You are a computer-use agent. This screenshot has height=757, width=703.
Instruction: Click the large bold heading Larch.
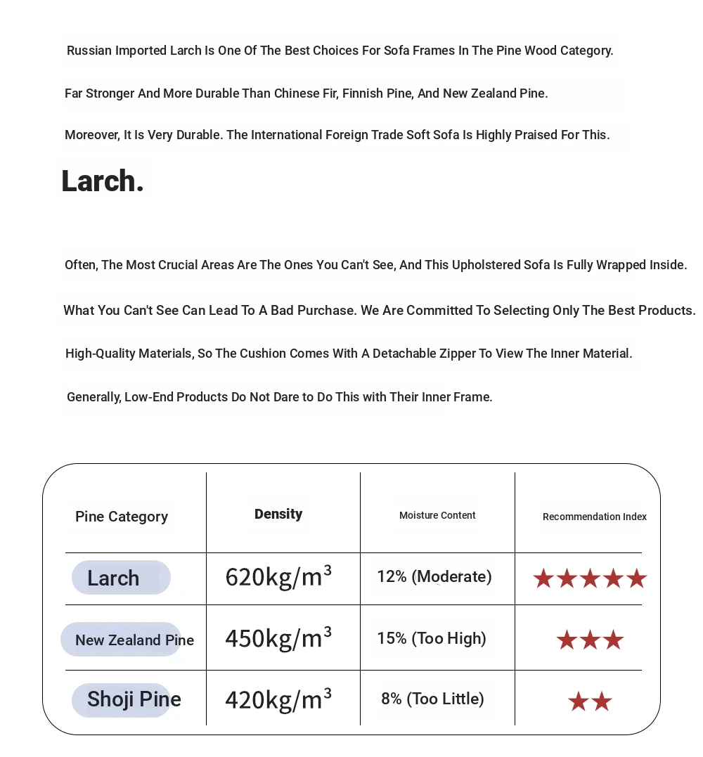[103, 181]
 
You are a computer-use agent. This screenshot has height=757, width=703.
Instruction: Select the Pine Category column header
[122, 517]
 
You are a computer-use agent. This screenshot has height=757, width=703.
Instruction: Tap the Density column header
[278, 514]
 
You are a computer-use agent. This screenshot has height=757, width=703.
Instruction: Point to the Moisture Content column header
[437, 515]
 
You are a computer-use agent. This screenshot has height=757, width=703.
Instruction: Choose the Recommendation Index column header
[594, 517]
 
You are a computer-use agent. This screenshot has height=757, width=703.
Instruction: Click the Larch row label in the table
[114, 578]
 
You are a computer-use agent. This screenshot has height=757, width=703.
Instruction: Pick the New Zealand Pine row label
[134, 640]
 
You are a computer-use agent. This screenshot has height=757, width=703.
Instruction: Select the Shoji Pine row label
[134, 699]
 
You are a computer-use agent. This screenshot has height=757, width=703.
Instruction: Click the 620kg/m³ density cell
[278, 576]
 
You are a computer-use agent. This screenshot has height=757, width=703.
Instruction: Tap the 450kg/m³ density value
[278, 638]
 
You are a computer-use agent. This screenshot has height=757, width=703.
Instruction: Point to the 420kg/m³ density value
[278, 699]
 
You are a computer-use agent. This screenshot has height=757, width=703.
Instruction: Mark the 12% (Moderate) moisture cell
[434, 576]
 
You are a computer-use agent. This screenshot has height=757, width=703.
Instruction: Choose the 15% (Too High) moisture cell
[432, 638]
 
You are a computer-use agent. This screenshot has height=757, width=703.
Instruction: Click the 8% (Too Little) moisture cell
[432, 699]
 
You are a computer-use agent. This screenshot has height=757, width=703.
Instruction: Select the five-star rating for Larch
[590, 578]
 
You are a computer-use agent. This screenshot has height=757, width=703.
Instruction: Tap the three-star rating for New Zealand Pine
[590, 640]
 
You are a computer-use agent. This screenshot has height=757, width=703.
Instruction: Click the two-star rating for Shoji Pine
[590, 701]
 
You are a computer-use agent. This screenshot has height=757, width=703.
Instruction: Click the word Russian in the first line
[89, 51]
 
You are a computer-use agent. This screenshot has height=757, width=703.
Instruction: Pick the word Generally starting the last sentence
[94, 397]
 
